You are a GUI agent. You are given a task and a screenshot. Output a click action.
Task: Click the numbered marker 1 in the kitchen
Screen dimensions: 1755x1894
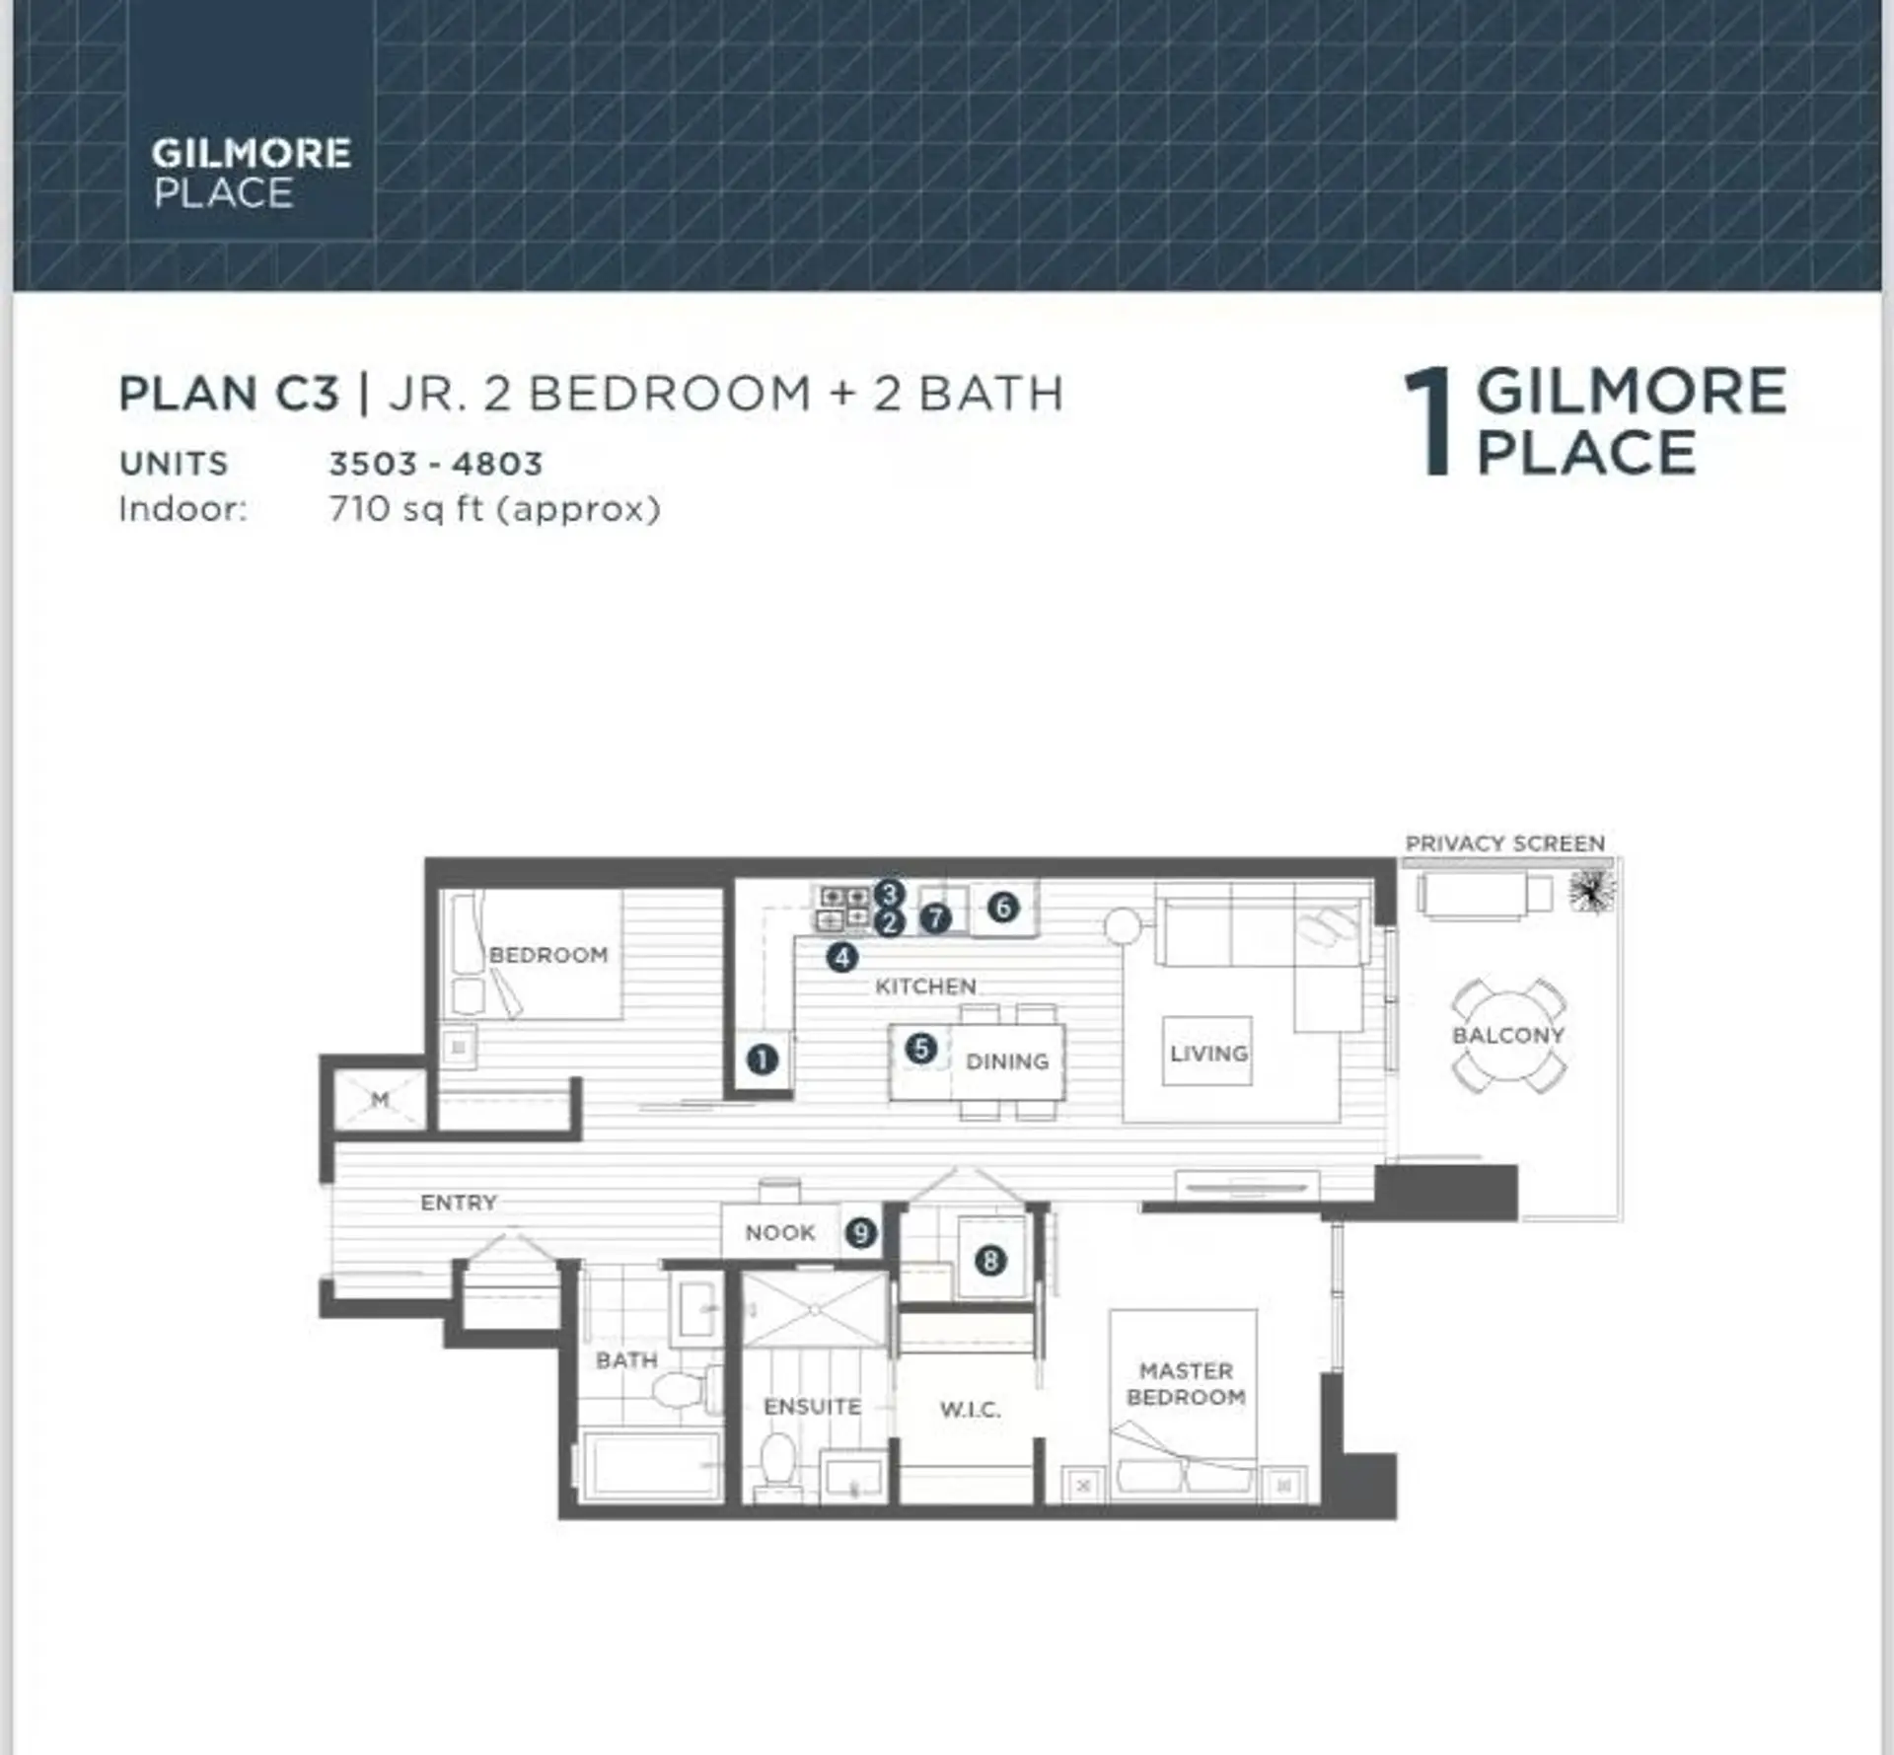(762, 1060)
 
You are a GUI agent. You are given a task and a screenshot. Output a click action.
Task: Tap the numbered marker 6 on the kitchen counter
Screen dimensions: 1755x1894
(1003, 907)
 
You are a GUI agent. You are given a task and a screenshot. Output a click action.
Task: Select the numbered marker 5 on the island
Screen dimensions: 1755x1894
(920, 1048)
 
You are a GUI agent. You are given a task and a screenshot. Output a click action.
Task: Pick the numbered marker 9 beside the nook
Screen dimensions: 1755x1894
(861, 1232)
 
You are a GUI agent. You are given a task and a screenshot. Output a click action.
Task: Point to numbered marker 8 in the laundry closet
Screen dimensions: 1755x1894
(990, 1260)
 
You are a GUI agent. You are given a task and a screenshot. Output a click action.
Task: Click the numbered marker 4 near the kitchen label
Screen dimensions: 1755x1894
(841, 956)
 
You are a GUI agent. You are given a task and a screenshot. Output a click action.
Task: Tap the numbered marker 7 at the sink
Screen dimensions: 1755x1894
(935, 918)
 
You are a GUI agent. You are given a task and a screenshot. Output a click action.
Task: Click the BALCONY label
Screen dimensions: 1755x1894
(1507, 1035)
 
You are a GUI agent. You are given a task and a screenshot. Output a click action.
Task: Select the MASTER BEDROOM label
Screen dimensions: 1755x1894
(1186, 1383)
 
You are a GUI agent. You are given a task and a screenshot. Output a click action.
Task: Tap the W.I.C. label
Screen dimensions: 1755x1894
(970, 1409)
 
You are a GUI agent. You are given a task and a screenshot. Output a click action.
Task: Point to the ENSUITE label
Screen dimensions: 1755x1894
(812, 1406)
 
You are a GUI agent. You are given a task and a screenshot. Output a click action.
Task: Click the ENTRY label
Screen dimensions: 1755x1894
(459, 1202)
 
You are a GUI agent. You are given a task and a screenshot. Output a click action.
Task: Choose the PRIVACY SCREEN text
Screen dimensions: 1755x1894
(1504, 843)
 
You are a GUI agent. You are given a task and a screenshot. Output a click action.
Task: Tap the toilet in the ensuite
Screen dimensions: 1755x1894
(778, 1458)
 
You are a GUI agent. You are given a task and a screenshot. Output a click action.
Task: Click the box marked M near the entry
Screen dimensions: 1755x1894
(380, 1099)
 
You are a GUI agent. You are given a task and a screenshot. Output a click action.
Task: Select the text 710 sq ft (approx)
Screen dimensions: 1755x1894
(494, 509)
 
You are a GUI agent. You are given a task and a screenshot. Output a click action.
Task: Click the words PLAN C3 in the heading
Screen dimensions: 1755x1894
(229, 394)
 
